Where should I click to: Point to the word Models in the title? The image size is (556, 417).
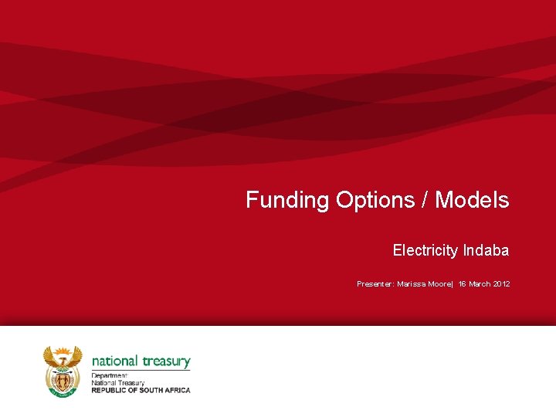tap(472, 200)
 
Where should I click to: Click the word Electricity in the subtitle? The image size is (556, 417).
tap(425, 250)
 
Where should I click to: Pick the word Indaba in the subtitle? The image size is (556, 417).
tap(486, 250)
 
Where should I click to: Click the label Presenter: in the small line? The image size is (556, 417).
tap(375, 284)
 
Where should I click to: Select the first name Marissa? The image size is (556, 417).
tap(415, 284)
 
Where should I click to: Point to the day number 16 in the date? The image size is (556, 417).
tap(462, 284)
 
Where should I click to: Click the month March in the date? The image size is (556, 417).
tap(480, 284)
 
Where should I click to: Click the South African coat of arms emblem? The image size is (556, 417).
tap(63, 371)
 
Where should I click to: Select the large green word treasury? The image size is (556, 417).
tap(166, 361)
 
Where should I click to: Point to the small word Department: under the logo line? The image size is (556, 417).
tap(109, 376)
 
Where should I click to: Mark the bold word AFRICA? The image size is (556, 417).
tap(178, 390)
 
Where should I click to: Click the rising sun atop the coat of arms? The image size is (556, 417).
tap(63, 351)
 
